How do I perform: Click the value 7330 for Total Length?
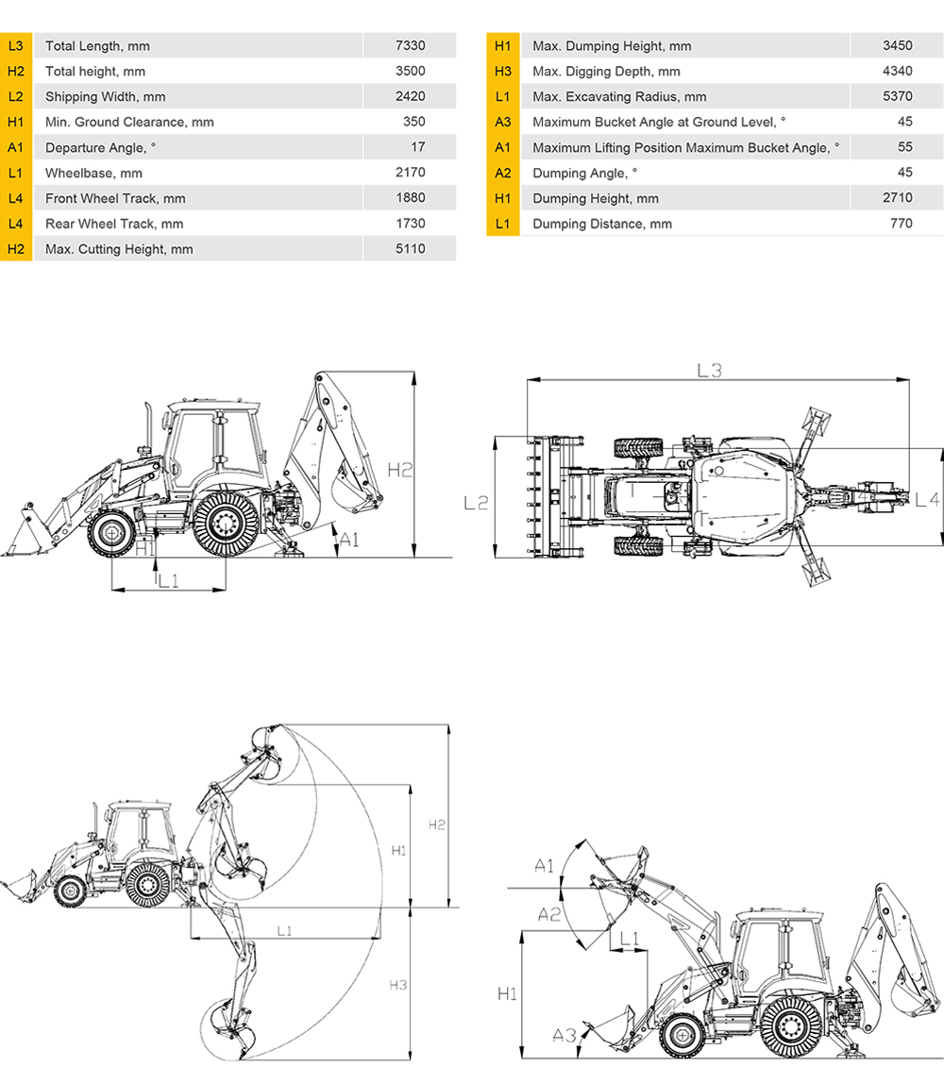click(x=410, y=45)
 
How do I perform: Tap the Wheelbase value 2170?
click(x=410, y=173)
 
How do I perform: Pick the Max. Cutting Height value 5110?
click(x=410, y=249)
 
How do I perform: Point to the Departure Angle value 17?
click(x=418, y=147)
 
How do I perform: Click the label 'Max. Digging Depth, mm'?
click(x=606, y=71)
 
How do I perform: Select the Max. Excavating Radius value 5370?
click(x=897, y=96)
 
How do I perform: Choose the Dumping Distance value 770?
click(x=902, y=223)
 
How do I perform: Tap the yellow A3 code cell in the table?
click(x=502, y=123)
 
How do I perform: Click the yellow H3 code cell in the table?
click(x=502, y=71)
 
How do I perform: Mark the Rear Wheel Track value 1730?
click(x=410, y=223)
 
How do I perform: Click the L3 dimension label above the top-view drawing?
click(x=709, y=371)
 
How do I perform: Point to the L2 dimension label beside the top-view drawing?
click(x=476, y=504)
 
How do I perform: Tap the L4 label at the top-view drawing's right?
click(x=927, y=499)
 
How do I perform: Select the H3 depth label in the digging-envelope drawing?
click(x=397, y=985)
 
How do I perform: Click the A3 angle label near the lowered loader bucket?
click(x=564, y=1035)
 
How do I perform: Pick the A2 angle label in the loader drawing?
click(x=549, y=914)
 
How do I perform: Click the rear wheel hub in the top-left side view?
click(x=226, y=523)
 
